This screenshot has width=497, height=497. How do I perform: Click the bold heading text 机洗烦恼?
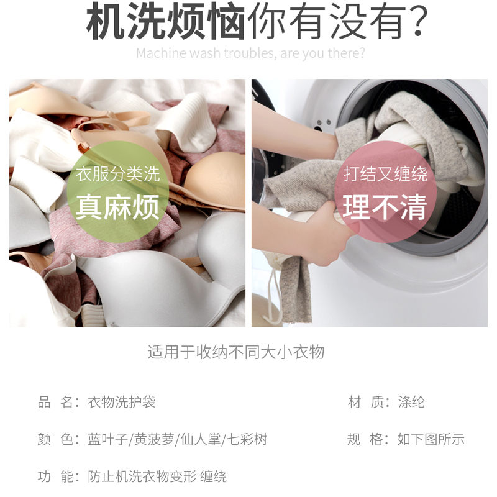(x=165, y=22)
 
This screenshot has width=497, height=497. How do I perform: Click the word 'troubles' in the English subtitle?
(x=250, y=53)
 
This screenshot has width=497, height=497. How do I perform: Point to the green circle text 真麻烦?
(x=117, y=207)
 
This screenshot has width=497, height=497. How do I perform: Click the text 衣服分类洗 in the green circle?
(x=117, y=174)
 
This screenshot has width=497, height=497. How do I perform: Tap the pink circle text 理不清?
(x=385, y=207)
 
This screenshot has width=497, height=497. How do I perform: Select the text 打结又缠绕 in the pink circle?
(x=385, y=174)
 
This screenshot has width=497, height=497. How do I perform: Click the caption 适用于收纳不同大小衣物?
(x=236, y=352)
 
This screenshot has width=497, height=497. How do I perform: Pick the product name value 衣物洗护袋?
(x=122, y=402)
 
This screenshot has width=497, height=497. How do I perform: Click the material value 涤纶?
(x=411, y=402)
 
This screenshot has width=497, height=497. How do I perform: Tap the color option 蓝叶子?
(x=107, y=439)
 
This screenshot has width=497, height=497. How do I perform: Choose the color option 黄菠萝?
(x=154, y=439)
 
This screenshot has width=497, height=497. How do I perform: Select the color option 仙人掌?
(x=201, y=439)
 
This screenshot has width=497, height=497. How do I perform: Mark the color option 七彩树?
(x=247, y=439)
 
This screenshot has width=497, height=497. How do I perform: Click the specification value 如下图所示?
(x=431, y=439)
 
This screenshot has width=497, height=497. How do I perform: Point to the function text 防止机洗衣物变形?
(x=142, y=476)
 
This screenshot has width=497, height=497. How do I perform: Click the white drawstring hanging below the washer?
(x=273, y=294)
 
